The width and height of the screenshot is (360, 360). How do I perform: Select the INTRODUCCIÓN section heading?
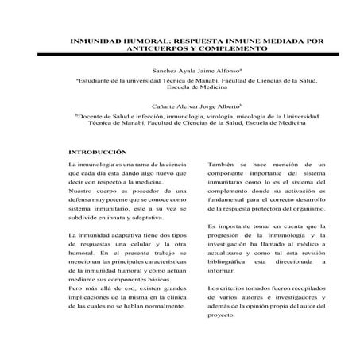click(x=98, y=152)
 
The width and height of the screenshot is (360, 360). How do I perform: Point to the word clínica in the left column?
click(x=175, y=294)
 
